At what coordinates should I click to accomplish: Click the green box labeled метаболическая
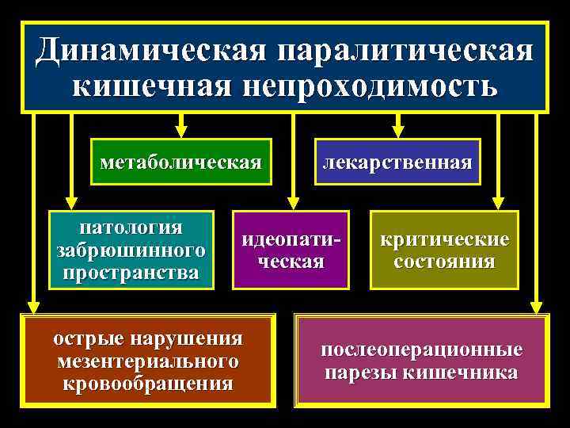pyautogui.click(x=181, y=162)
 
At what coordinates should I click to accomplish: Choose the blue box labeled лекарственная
pyautogui.click(x=397, y=162)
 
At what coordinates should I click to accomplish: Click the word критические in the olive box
pyautogui.click(x=445, y=239)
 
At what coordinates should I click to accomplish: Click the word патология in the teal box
pyautogui.click(x=131, y=227)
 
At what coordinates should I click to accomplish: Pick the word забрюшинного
pyautogui.click(x=131, y=250)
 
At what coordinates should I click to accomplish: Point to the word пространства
pyautogui.click(x=131, y=272)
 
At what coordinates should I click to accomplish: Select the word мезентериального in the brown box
pyautogui.click(x=148, y=361)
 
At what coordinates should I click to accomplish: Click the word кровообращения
pyautogui.click(x=148, y=384)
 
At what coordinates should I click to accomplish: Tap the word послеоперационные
pyautogui.click(x=421, y=350)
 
